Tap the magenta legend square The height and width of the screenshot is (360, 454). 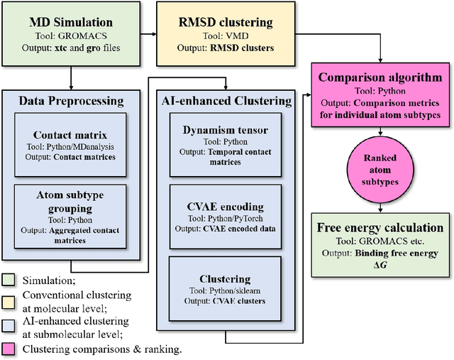click(x=9, y=349)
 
